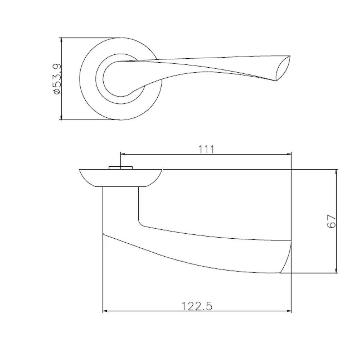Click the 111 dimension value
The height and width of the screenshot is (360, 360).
tap(206, 149)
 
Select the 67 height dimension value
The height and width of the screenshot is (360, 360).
tap(332, 221)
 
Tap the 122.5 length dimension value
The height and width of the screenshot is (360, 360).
tap(197, 306)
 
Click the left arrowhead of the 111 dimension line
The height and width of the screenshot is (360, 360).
tap(122, 154)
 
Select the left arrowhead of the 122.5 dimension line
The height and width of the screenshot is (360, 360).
tap(105, 311)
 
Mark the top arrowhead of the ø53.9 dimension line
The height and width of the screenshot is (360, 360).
tap(62, 40)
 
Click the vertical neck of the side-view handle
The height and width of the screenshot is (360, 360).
tap(121, 209)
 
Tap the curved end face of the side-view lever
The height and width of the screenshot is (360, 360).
tap(286, 256)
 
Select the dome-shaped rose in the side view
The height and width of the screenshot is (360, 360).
tap(121, 177)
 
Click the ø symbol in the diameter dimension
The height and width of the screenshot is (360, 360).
tap(57, 92)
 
